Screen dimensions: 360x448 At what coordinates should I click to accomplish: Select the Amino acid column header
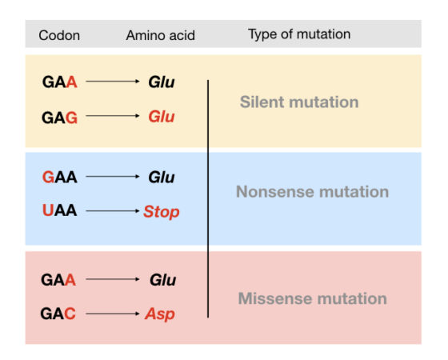[x=160, y=35]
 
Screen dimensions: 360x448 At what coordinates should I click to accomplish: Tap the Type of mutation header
[x=298, y=34]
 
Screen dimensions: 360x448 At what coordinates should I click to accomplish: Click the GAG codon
[x=59, y=117]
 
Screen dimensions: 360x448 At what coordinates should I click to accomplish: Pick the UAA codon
[x=59, y=211]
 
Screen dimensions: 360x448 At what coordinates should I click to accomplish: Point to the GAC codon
[x=58, y=314]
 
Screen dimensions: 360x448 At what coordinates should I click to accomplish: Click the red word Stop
[x=162, y=212]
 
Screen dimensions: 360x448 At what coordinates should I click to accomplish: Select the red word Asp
[x=160, y=314]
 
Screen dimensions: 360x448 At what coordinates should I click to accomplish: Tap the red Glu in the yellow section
[x=161, y=117]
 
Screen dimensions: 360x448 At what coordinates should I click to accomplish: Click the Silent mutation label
[x=298, y=102]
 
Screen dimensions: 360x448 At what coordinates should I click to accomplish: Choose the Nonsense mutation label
[x=311, y=192]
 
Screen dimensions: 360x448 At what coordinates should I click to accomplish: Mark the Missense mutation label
[x=311, y=299]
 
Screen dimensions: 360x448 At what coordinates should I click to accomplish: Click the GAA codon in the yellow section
[x=59, y=82]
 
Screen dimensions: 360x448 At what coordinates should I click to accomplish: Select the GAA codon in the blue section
[x=59, y=177]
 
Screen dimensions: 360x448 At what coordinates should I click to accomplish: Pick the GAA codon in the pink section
[x=58, y=280]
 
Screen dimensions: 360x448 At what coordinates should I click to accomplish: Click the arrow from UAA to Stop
[x=112, y=212]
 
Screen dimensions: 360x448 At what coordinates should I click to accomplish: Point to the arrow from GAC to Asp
[x=112, y=314]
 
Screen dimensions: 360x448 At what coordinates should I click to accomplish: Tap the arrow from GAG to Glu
[x=112, y=117]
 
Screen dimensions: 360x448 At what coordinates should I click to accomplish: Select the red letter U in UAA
[x=47, y=211]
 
